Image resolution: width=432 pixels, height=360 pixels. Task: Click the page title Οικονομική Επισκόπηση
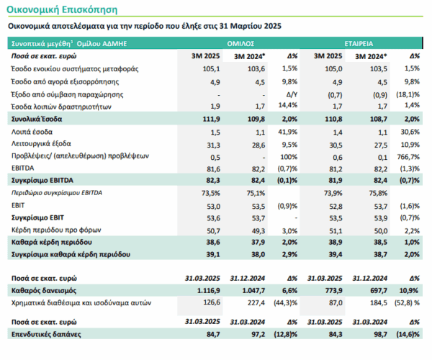[x=62, y=9]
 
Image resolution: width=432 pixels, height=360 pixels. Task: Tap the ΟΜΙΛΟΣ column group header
[x=240, y=44]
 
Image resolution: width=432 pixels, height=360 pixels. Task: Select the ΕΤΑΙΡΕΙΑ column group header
[x=359, y=44]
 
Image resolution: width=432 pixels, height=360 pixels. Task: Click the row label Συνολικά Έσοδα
[x=37, y=119]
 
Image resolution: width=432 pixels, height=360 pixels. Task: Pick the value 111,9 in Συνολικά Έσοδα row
[x=211, y=120]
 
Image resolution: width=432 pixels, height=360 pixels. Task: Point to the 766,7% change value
[x=408, y=157]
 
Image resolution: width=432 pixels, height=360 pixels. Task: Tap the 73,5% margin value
[x=211, y=193]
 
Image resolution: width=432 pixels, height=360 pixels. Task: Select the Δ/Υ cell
[x=292, y=94]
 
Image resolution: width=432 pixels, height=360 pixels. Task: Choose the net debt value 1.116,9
[x=209, y=291]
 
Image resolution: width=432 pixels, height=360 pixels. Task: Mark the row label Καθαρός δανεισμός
[x=44, y=291]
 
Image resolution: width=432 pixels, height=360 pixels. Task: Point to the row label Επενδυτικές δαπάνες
[x=46, y=334]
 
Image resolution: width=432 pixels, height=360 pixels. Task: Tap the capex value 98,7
[x=380, y=334]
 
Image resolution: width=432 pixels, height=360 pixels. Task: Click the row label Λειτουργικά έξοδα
[x=41, y=144]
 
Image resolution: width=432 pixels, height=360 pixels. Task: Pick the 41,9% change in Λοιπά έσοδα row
[x=288, y=132]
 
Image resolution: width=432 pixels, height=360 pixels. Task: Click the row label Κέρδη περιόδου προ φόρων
[x=56, y=230]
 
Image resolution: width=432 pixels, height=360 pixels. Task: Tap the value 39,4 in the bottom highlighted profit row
[x=336, y=254]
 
